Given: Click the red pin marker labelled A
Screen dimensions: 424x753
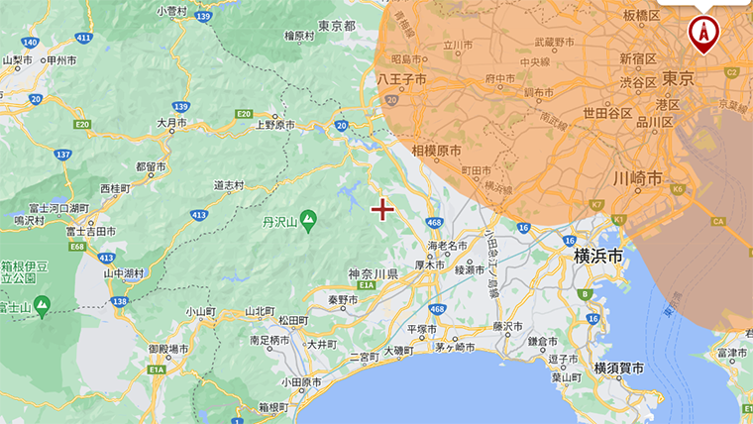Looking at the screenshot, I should coord(703,32).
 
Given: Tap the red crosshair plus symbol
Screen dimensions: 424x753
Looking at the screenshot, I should coord(382,209).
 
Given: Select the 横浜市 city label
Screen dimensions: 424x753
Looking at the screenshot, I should coord(598,256).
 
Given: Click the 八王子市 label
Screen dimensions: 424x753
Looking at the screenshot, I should coord(402,77).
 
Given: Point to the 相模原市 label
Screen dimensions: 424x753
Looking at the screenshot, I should coord(437,151).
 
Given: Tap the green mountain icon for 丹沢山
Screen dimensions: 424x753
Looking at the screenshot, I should coord(308,217).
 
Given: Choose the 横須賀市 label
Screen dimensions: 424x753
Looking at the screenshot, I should coord(618,369).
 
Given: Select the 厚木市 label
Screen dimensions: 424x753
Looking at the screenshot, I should coord(433,265).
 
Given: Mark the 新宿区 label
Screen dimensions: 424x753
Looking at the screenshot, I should coord(638,59).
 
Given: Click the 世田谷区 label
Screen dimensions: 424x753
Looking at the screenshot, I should coord(607,113).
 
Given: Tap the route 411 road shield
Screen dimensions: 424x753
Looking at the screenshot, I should coord(83,38).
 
